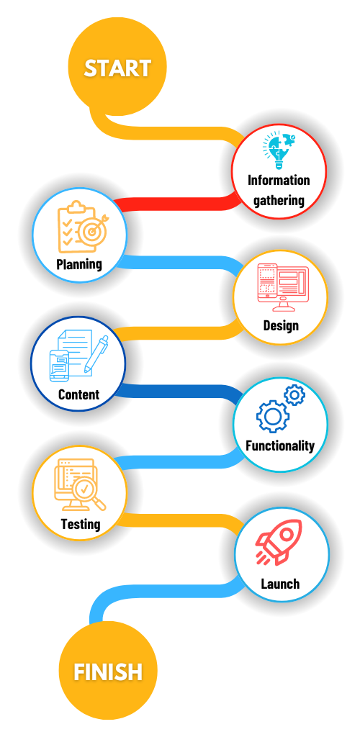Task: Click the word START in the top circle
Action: pos(117,68)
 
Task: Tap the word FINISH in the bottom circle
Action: pos(108,672)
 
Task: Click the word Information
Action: pos(279,181)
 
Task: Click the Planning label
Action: pos(79,264)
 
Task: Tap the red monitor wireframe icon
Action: pos(283,287)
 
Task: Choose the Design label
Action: pos(281,325)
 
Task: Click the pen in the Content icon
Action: pos(96,354)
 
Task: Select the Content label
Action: pos(78,394)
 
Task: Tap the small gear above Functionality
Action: pos(294,395)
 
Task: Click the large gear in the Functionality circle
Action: pos(272,416)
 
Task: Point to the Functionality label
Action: pos(279,445)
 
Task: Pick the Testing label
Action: pos(81,524)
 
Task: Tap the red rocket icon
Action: pos(279,542)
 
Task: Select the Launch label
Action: pos(280,584)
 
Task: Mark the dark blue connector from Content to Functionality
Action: pos(179,391)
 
